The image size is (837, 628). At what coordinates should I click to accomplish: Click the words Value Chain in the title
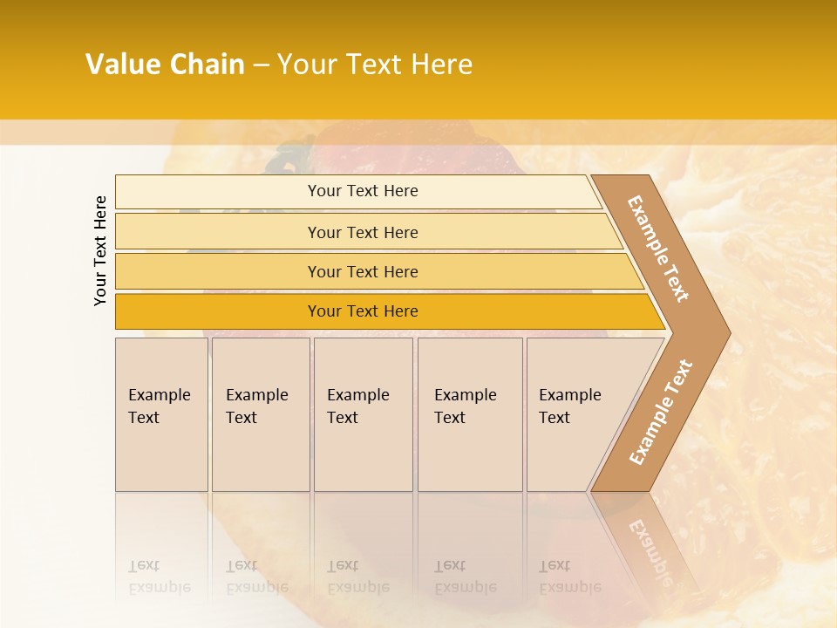point(165,65)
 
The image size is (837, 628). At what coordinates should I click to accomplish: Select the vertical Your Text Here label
point(100,250)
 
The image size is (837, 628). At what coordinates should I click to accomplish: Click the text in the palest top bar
point(363,191)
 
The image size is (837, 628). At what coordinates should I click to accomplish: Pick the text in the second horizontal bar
point(363,233)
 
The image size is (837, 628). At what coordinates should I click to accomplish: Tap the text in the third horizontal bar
point(363,272)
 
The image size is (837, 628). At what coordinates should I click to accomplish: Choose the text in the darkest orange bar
point(363,311)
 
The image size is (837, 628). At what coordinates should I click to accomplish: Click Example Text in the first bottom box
point(159,406)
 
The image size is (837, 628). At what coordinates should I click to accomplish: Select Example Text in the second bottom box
point(256,406)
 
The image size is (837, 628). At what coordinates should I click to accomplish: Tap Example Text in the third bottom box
point(357,406)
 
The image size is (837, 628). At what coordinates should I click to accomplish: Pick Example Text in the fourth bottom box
point(465,406)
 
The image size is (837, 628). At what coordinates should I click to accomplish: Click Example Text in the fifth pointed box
point(569,406)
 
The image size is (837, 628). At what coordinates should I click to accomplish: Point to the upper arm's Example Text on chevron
point(658,249)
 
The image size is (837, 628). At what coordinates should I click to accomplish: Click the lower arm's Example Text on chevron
point(660,412)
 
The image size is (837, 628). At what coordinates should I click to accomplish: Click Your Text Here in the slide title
point(375,65)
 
